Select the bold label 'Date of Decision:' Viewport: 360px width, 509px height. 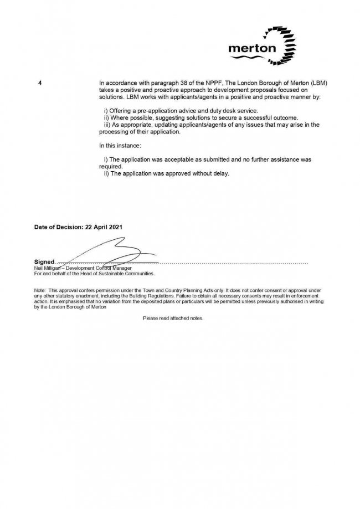[x=57, y=227]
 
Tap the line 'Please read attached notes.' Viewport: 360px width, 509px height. [x=173, y=318]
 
